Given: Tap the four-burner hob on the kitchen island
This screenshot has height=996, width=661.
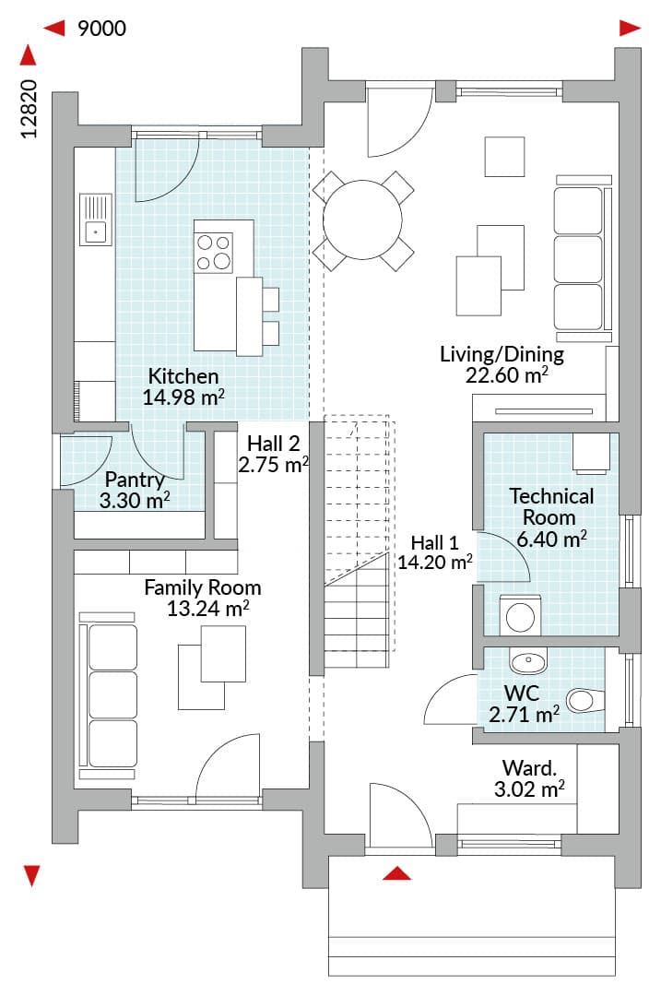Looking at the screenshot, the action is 213,253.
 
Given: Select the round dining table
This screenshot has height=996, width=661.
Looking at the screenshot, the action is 362,219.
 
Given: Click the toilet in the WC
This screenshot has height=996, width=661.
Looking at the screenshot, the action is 584,701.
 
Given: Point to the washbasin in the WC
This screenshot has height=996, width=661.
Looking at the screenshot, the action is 527,661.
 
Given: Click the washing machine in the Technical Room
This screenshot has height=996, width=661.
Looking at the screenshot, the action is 521,615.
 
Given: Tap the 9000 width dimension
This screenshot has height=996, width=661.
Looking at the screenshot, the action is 101,29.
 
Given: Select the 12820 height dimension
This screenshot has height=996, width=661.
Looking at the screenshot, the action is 30,109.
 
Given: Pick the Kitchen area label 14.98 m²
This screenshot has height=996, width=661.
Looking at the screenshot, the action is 183,397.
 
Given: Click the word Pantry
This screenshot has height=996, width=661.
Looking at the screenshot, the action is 135,480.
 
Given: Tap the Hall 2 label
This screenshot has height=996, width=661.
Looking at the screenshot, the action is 274,443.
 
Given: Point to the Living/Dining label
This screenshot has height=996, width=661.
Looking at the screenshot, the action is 502,354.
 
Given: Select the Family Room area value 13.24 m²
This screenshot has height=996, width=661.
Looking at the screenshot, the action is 207,609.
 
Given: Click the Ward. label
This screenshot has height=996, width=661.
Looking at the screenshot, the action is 529,768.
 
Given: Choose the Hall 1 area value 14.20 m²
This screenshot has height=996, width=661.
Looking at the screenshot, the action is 435,563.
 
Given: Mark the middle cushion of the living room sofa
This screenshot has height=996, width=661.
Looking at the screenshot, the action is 578,259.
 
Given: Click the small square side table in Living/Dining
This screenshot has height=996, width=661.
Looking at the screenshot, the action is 505,156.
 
